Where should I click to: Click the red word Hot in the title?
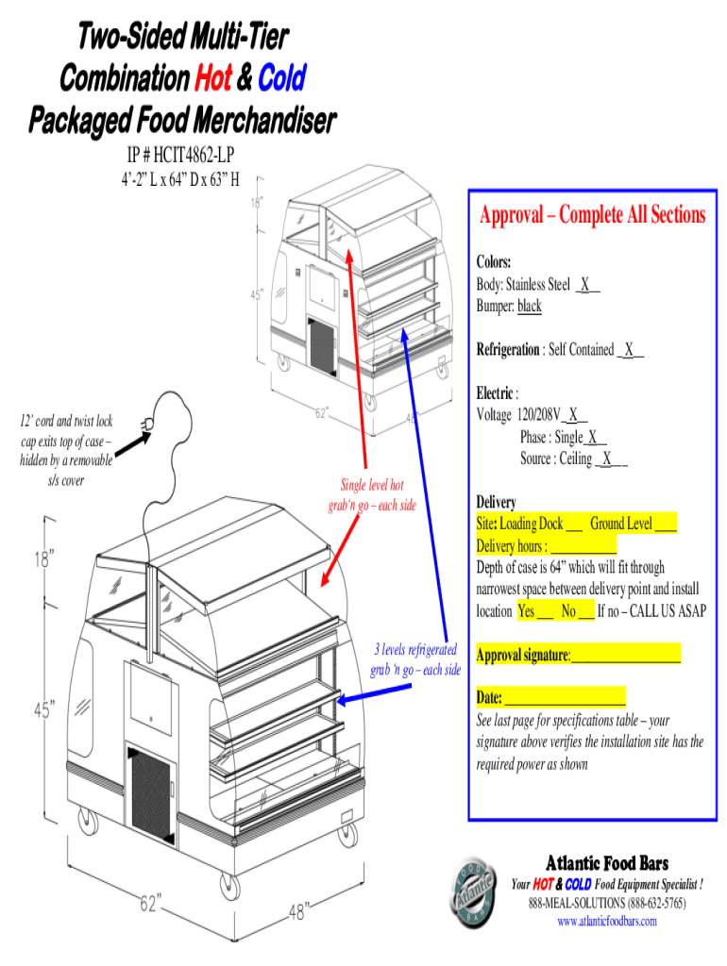coord(212,78)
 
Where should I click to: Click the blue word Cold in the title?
coord(281,78)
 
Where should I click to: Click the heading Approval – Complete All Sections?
coord(592,215)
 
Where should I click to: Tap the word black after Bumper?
coord(530,307)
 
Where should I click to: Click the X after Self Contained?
coord(630,349)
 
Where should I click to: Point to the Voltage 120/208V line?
coord(532,414)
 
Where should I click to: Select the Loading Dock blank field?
coord(573,524)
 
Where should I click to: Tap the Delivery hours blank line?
coord(583,546)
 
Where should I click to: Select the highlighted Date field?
coord(565,698)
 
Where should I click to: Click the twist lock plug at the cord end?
coord(148,427)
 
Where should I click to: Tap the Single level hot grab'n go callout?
coord(378,495)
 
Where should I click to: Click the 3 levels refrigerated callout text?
coord(416,660)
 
